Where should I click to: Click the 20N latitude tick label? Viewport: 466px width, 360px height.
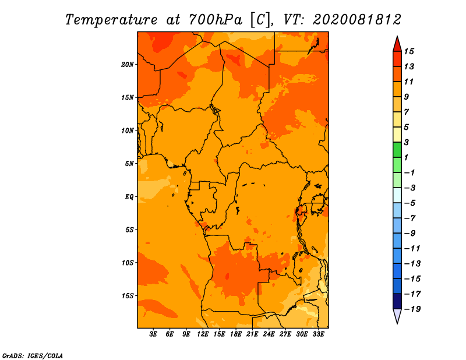pos(127,65)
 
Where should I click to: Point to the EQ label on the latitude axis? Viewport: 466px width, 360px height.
pos(129,197)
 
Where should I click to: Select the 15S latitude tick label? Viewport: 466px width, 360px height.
pos(127,296)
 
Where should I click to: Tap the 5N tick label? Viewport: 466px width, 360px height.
pos(129,164)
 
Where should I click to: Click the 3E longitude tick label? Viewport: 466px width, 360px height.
pos(153,334)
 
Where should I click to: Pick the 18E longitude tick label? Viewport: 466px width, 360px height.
pos(236,334)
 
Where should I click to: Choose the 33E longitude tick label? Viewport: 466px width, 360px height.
pos(318,334)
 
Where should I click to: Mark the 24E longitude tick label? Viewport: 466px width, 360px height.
pos(269,334)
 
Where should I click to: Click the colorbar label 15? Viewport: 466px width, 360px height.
pos(409,51)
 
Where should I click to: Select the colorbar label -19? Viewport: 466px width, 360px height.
pos(412,309)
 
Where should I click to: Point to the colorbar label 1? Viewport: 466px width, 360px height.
pos(406,157)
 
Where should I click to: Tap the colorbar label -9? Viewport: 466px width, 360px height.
pos(410,234)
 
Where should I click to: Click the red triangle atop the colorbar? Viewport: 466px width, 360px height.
pos(397,45)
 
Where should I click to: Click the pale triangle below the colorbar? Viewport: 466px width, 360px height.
pos(397,315)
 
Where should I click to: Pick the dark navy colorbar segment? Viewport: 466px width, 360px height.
pos(397,301)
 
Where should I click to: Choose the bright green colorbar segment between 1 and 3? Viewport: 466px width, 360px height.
pos(397,150)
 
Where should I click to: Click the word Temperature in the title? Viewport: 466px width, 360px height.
pos(111,20)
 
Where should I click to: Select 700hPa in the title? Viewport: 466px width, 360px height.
pos(215,20)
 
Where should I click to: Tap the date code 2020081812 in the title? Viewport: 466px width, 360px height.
pos(357,20)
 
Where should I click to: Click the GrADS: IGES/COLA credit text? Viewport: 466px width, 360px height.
pos(33,356)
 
